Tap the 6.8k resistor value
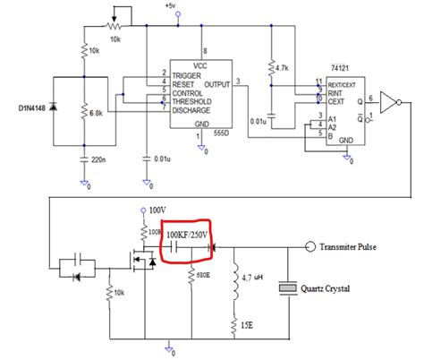pos(98,113)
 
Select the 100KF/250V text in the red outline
pos(189,235)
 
